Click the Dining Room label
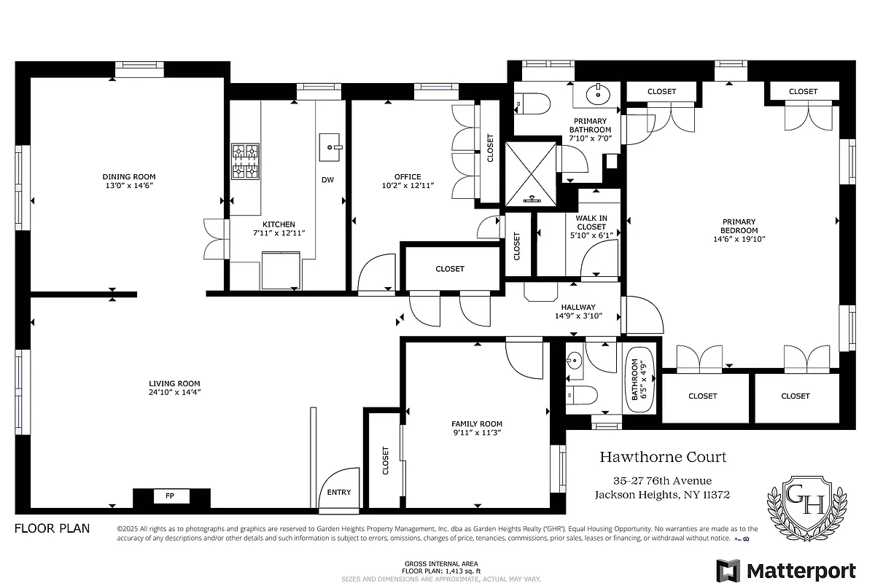click(128, 177)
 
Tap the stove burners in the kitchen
click(246, 161)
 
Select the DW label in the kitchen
click(327, 180)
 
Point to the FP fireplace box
click(170, 496)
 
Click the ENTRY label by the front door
click(338, 493)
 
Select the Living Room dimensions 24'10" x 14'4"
click(174, 393)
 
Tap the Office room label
click(408, 177)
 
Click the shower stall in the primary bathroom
click(531, 173)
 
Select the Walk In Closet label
click(591, 222)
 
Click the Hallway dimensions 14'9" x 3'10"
click(577, 316)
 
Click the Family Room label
click(477, 423)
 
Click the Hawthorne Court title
click(663, 457)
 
